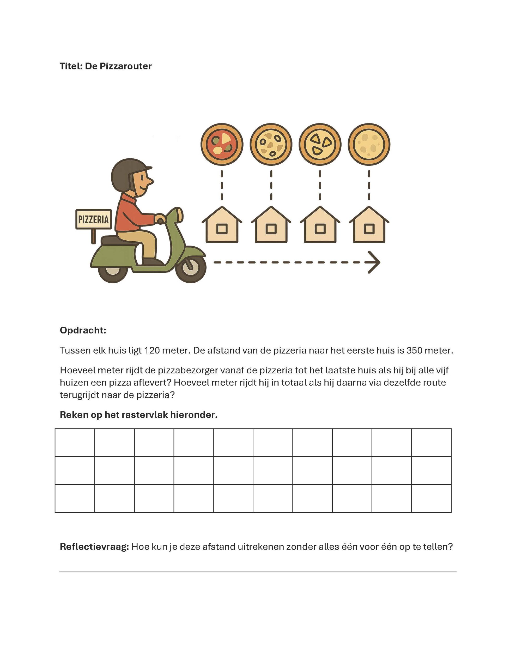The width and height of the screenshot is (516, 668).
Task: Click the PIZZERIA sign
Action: (x=94, y=219)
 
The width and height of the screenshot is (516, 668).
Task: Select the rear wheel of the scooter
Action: (x=113, y=270)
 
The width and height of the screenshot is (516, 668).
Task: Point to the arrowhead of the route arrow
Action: (x=375, y=262)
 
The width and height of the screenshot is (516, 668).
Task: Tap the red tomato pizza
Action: (x=222, y=144)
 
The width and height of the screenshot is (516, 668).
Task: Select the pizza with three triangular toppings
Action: (x=320, y=144)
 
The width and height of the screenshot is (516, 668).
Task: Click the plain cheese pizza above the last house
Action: (x=369, y=144)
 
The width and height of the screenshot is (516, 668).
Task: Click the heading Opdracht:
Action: (x=83, y=330)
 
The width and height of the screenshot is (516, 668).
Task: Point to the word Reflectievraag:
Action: (x=94, y=547)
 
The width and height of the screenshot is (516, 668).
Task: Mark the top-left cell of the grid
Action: (x=75, y=442)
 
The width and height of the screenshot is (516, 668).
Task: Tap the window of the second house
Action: (x=271, y=229)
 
